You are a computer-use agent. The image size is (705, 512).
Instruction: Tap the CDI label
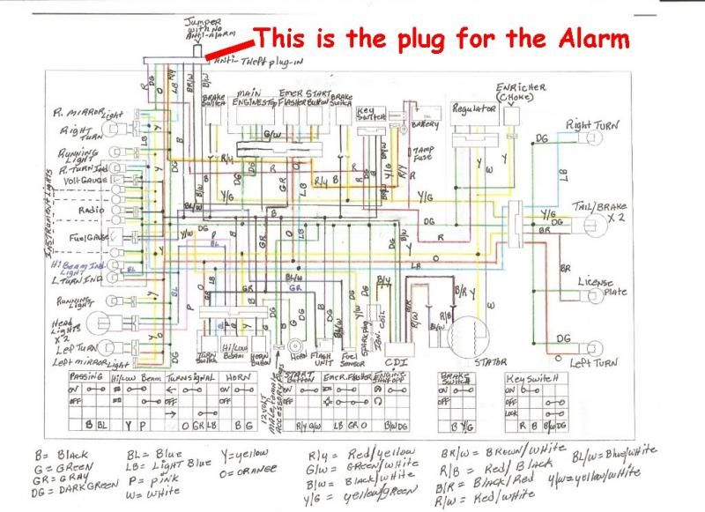tap(399, 360)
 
